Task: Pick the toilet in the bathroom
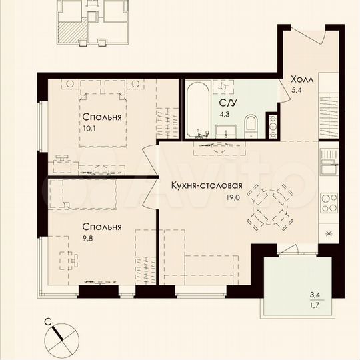pyautogui.click(x=251, y=122)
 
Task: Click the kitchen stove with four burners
pyautogui.click(x=329, y=201)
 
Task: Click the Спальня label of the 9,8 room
pyautogui.click(x=102, y=227)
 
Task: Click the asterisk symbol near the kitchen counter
pyautogui.click(x=328, y=233)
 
